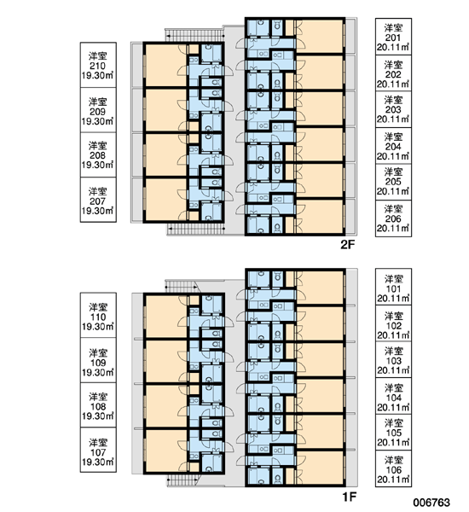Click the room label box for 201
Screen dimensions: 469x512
click(x=393, y=37)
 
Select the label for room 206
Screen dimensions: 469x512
click(x=393, y=218)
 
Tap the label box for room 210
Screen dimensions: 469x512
click(x=98, y=65)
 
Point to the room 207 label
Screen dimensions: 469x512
click(x=98, y=200)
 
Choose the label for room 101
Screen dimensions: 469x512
click(x=393, y=287)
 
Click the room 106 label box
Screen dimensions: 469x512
click(x=393, y=468)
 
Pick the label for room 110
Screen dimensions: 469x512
click(x=98, y=316)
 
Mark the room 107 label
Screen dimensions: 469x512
click(x=98, y=450)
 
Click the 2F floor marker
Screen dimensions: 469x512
click(x=347, y=244)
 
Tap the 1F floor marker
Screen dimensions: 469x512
click(x=349, y=497)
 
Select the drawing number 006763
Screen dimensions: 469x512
click(x=431, y=503)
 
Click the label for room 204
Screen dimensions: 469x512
click(x=393, y=146)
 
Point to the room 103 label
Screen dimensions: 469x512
click(x=393, y=360)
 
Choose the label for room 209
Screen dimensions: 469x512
click(x=98, y=110)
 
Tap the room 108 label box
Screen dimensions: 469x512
click(x=98, y=405)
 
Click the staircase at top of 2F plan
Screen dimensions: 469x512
click(x=194, y=35)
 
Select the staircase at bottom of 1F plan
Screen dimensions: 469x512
click(x=183, y=480)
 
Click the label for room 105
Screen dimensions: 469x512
click(x=393, y=433)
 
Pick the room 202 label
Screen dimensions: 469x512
click(x=393, y=73)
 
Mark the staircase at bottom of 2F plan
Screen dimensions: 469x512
click(x=195, y=229)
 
